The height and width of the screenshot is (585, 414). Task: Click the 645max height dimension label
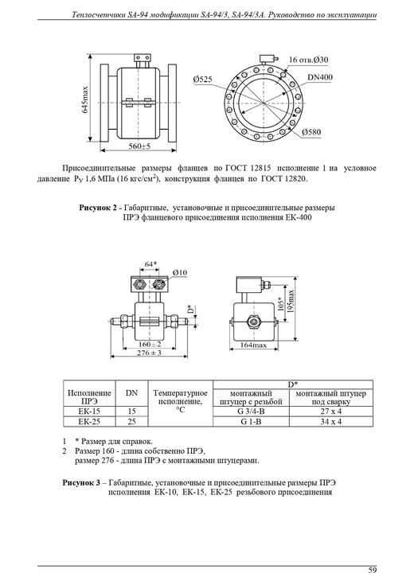[85, 100]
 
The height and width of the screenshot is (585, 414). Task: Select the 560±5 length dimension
[139, 146]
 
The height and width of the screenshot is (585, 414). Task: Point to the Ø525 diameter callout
[202, 79]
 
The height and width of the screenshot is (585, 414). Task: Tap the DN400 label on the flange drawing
[320, 77]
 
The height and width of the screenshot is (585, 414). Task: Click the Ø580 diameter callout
[311, 131]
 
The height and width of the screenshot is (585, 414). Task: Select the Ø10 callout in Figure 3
[180, 273]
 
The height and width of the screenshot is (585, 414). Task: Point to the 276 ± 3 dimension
[149, 353]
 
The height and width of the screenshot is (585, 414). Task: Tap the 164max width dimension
[253, 345]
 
